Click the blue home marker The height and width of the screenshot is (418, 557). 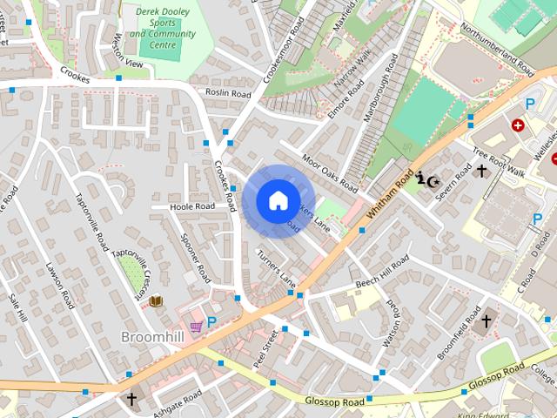(x=278, y=200)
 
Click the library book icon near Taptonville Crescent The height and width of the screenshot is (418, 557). (x=156, y=300)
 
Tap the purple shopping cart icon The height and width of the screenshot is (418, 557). (x=196, y=326)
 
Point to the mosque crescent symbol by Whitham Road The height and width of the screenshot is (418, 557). (x=426, y=180)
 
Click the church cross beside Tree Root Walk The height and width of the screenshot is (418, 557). (x=481, y=172)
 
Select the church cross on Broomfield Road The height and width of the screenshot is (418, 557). (x=487, y=320)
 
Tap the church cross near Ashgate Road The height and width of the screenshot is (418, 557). (x=131, y=399)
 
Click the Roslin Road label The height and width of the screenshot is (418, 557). (x=228, y=93)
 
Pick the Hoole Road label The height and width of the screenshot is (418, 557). (x=192, y=206)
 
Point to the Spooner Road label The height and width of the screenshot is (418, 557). (x=195, y=259)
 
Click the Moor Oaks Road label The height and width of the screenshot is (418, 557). (x=330, y=172)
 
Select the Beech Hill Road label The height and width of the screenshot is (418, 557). (x=382, y=273)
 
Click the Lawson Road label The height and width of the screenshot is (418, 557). (x=59, y=286)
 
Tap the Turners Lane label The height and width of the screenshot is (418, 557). (x=277, y=266)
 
